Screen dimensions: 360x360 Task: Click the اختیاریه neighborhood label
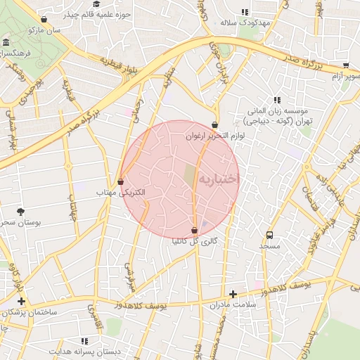(x=219, y=180)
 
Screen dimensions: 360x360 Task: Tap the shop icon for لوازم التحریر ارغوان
(x=214, y=125)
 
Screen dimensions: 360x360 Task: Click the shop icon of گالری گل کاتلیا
(x=195, y=230)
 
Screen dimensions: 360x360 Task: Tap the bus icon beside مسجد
(x=269, y=235)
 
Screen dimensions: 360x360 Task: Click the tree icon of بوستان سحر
(x=20, y=211)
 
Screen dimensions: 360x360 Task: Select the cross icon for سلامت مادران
(x=233, y=294)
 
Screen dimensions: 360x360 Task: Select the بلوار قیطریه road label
(x=122, y=65)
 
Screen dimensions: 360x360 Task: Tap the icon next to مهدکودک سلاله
(x=245, y=12)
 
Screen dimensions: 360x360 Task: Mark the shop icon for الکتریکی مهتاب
(x=121, y=181)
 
